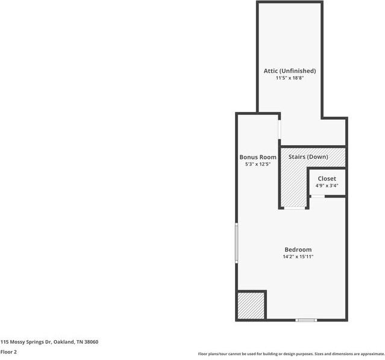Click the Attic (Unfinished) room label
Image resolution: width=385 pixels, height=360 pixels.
coord(289,71)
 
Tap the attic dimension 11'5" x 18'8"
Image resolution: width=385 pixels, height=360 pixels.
coord(289,78)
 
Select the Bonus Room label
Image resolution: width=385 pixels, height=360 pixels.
coord(258,157)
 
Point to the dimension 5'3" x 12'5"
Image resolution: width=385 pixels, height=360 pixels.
coord(258,164)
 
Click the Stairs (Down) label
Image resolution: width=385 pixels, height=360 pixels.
coord(308,157)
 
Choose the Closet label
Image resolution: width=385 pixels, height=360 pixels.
coord(327,179)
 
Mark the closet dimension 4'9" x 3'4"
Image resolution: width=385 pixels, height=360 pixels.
coord(327,186)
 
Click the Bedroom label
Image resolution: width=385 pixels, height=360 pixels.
coord(298,250)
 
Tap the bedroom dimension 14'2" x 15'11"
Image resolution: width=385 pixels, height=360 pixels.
coord(298,257)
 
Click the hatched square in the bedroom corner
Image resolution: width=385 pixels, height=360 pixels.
coord(251,305)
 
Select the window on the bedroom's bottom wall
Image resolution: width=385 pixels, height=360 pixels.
coord(306,320)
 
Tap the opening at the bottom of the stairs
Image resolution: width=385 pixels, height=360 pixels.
coord(295,208)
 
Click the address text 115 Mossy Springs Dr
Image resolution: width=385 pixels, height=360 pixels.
coord(26,342)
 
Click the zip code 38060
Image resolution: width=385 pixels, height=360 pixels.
coord(91,342)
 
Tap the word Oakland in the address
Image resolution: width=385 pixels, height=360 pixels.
coord(63,342)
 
